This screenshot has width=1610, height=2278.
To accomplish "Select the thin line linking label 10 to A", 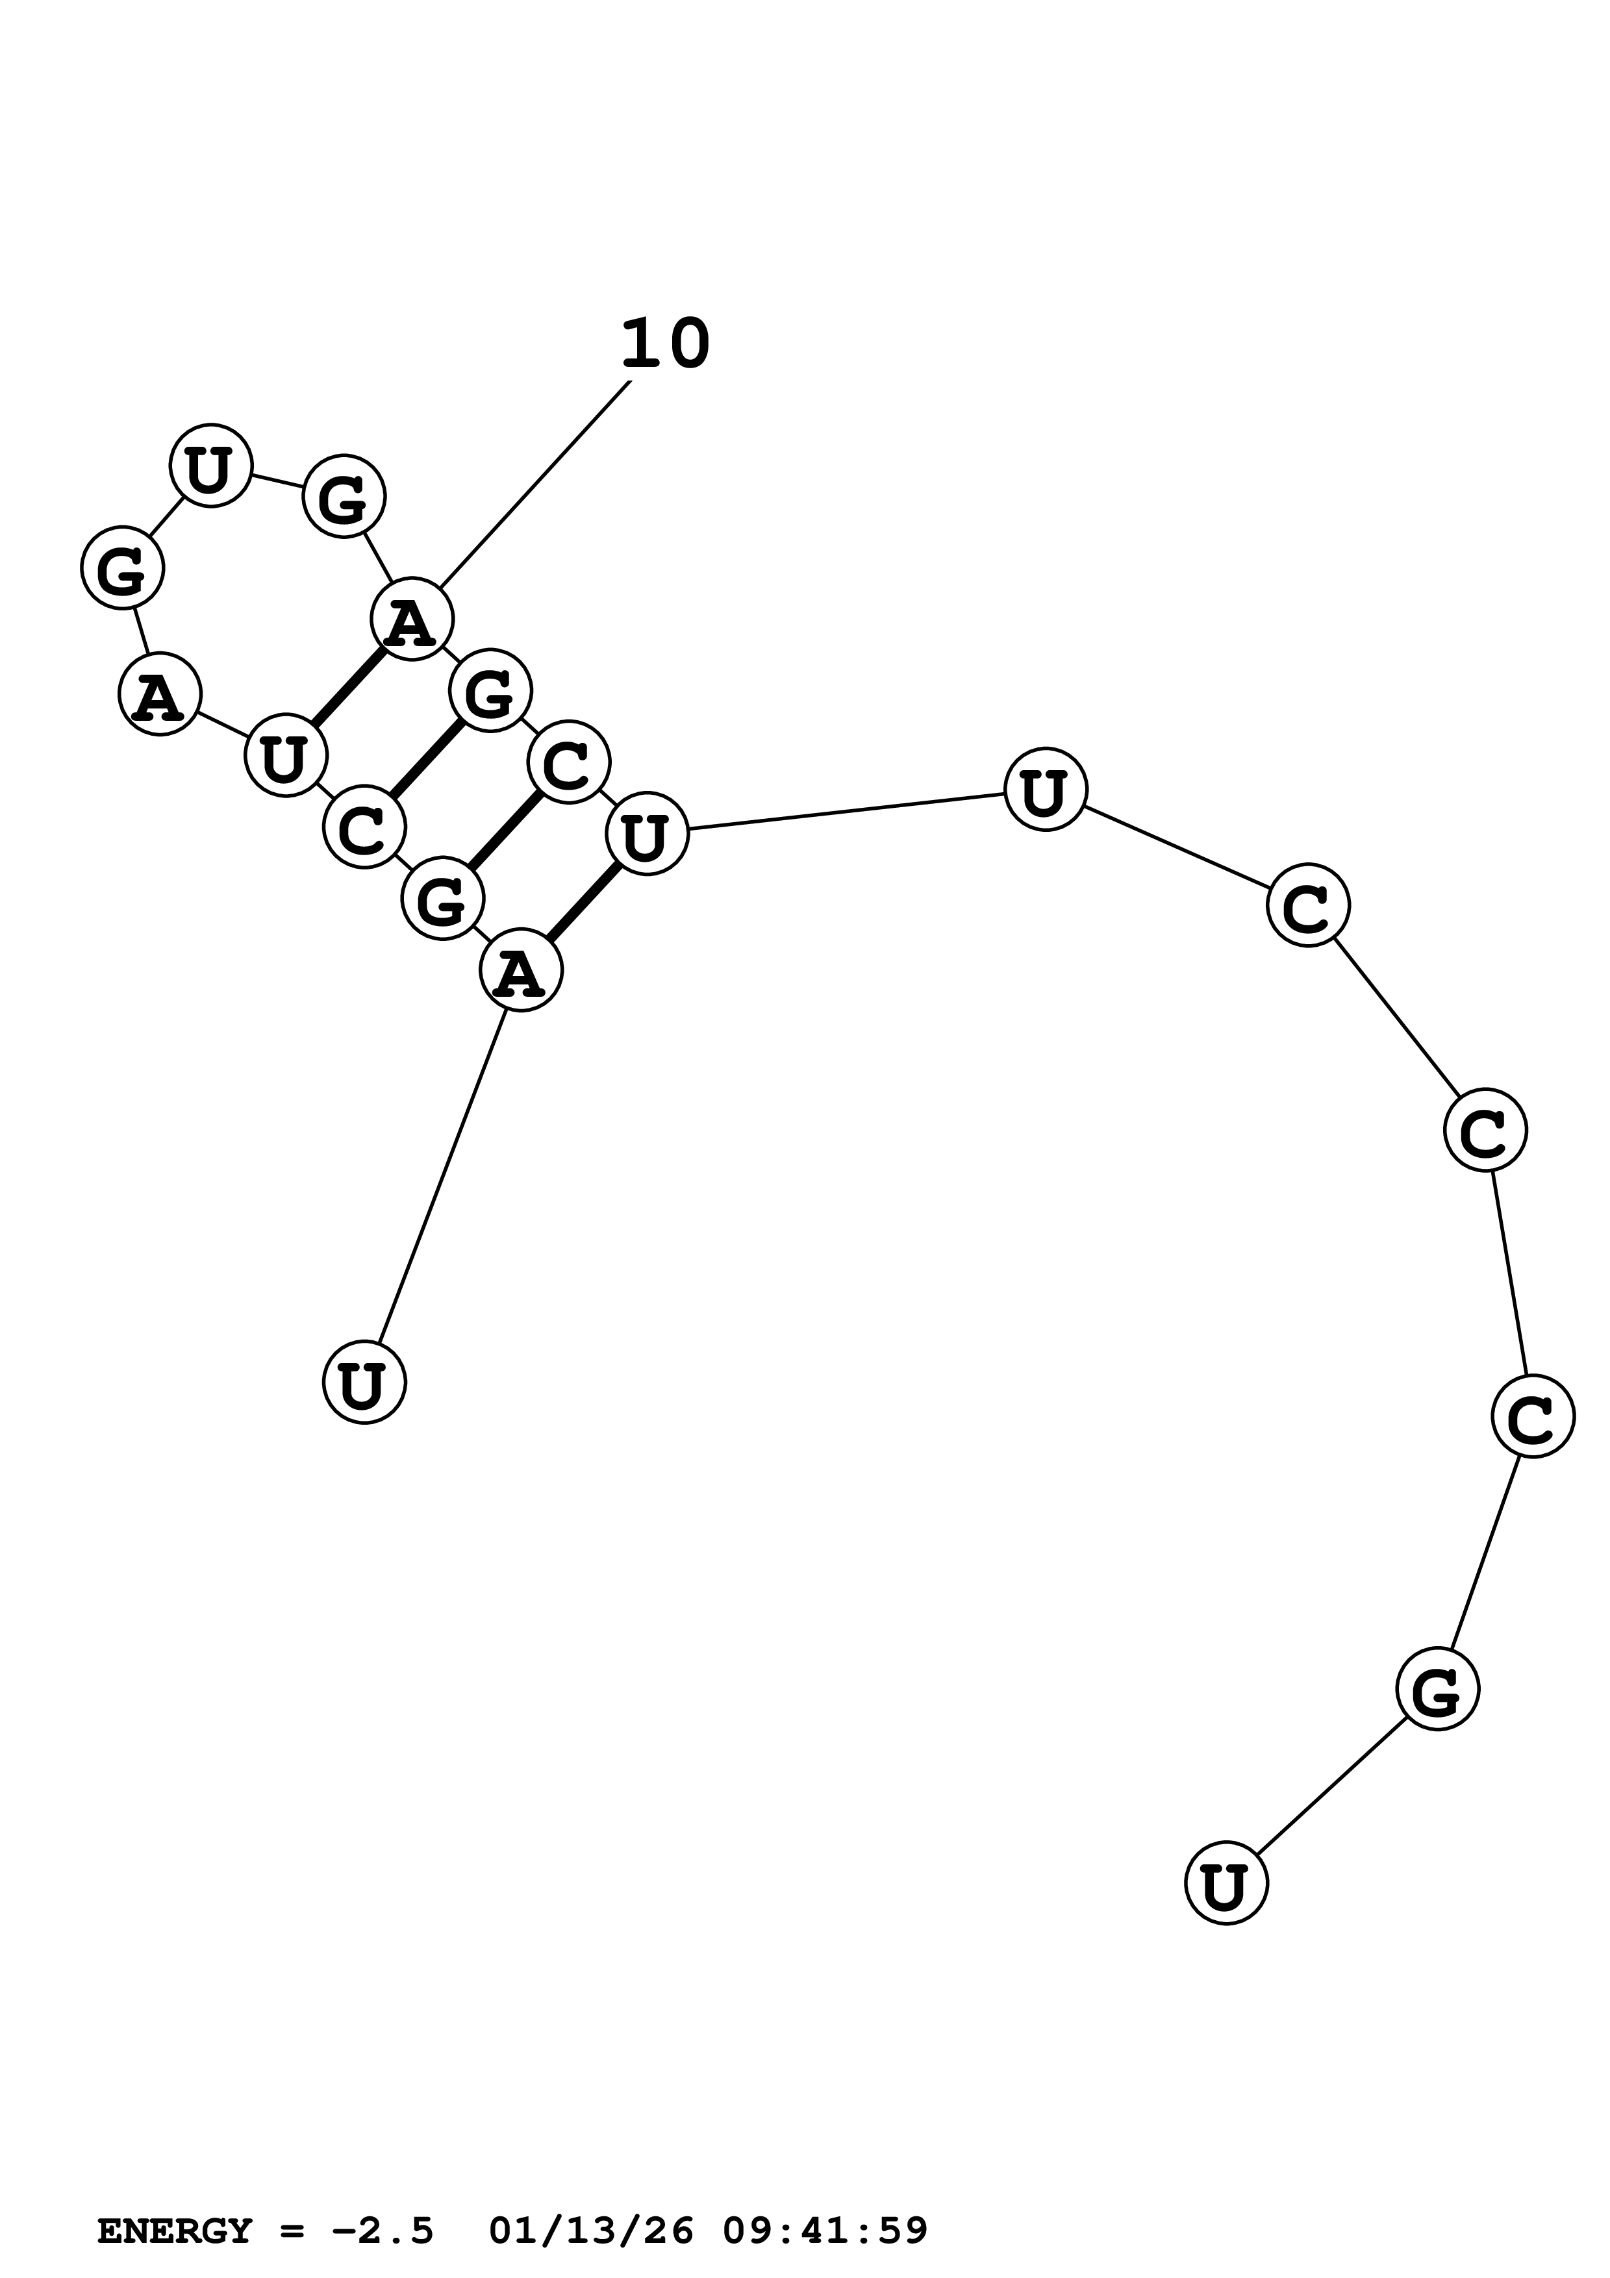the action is point(536,484).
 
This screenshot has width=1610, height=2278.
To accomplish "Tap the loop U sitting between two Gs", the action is point(210,466).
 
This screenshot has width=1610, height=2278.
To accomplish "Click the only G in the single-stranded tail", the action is point(1437,1688).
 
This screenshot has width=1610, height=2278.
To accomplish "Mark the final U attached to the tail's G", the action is point(1226,1883).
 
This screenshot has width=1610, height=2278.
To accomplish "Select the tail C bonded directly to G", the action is point(1533,1416).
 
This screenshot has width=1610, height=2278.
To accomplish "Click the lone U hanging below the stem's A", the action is point(364,1382).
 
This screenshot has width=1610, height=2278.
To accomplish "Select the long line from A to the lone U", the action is point(442,1176).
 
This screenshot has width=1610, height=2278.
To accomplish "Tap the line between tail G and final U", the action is point(1331,1786).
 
